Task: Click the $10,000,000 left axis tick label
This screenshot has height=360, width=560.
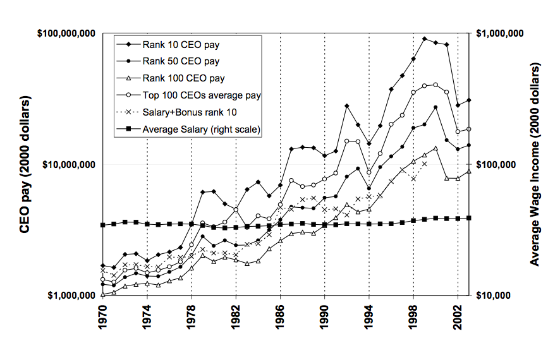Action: [x=66, y=164]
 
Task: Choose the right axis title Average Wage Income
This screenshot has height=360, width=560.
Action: [x=535, y=164]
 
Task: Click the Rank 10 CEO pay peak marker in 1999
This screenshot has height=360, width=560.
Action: [x=424, y=39]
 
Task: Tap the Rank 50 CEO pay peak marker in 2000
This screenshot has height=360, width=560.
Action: [x=435, y=107]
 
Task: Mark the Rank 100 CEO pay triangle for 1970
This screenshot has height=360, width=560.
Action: [x=103, y=294]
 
